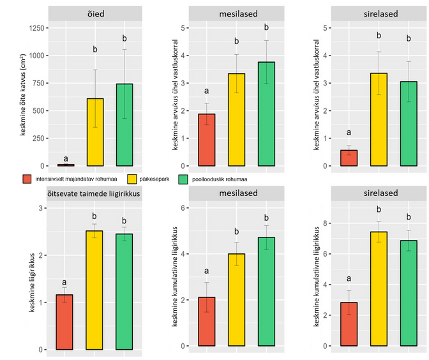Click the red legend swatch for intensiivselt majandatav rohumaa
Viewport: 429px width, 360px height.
click(x=27, y=179)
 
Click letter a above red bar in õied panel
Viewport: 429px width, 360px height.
click(x=66, y=158)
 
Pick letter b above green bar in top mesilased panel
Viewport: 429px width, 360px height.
click(x=266, y=28)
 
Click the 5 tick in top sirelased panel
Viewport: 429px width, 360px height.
click(x=324, y=28)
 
